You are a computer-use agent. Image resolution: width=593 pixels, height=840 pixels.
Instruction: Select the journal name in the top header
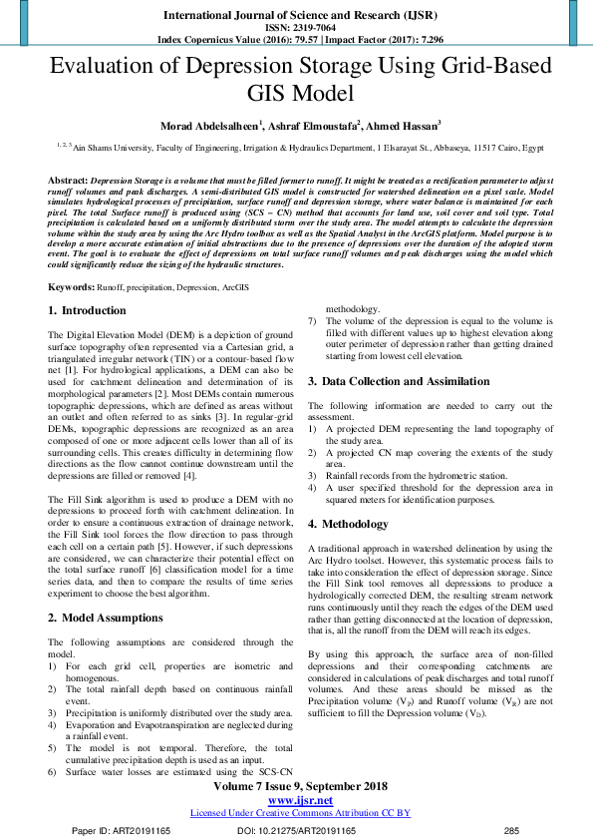click(x=296, y=16)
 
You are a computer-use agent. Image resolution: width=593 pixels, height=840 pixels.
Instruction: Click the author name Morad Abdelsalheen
click(x=209, y=126)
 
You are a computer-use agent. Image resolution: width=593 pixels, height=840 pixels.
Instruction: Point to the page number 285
click(x=512, y=830)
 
